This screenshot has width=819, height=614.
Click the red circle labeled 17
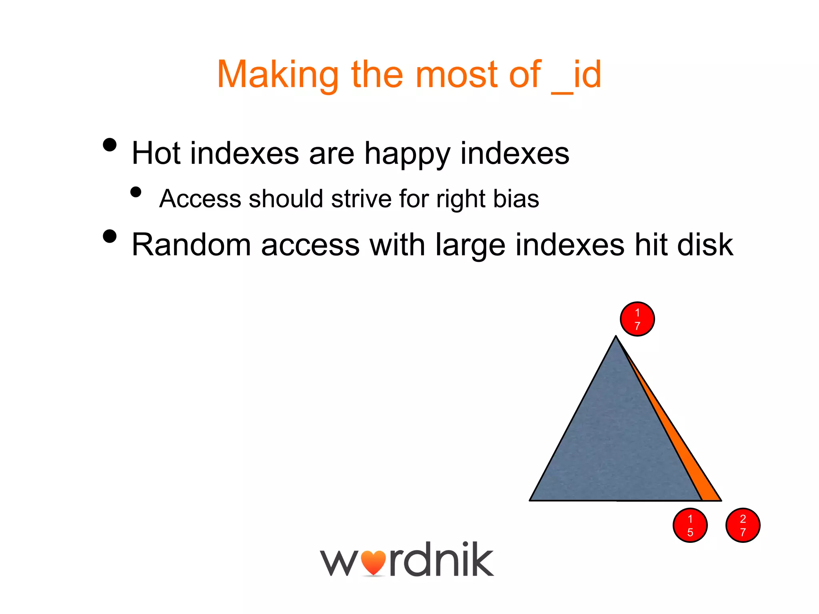(637, 319)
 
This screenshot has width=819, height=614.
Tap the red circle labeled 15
(690, 525)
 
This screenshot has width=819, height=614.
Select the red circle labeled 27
(743, 525)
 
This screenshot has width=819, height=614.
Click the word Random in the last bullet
(191, 245)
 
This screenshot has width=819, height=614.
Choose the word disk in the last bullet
(705, 245)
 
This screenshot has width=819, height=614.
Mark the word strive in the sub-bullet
(361, 199)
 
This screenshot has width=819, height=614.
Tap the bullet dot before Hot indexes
(110, 145)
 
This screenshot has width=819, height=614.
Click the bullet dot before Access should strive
(136, 192)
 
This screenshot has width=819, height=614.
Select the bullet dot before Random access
(110, 236)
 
